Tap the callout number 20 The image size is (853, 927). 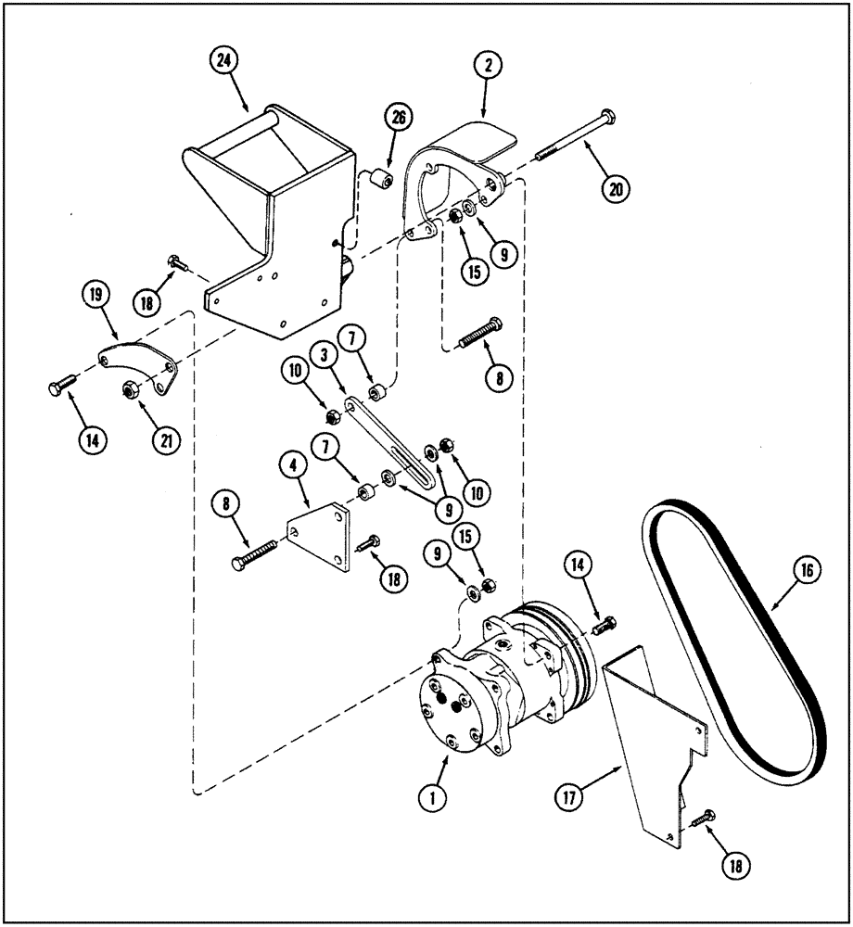[x=616, y=188]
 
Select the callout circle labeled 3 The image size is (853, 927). [x=325, y=355]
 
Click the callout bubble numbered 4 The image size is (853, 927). [x=294, y=463]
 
